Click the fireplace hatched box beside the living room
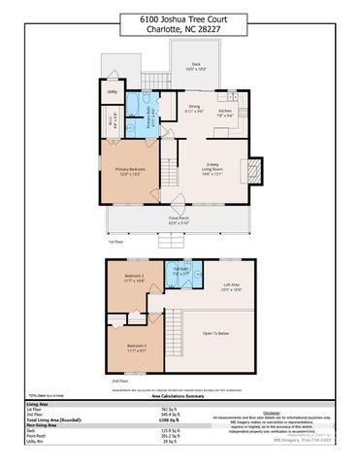[255, 172]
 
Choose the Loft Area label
[230, 286]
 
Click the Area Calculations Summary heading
[180, 396]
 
